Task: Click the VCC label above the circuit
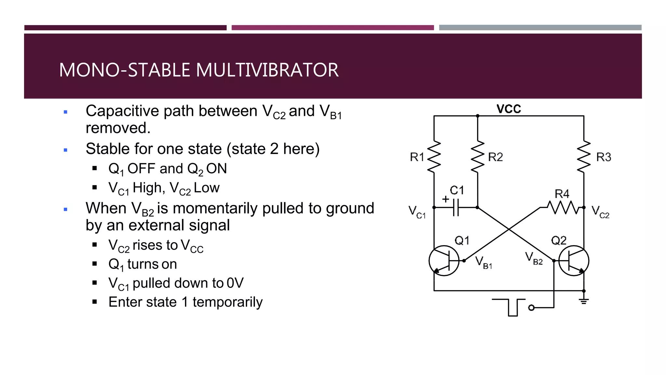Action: [x=509, y=109]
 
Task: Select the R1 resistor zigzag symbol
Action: [x=434, y=157]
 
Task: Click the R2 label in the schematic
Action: [x=495, y=157]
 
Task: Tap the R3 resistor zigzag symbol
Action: [x=584, y=157]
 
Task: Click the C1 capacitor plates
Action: [x=456, y=207]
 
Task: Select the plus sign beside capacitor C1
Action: [x=446, y=199]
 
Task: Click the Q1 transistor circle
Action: [x=444, y=261]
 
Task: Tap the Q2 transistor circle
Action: [x=574, y=261]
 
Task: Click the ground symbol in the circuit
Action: [x=584, y=301]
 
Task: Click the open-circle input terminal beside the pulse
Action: [x=531, y=308]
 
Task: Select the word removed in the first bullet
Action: [x=118, y=128]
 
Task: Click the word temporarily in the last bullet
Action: [x=227, y=302]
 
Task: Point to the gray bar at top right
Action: [x=540, y=28]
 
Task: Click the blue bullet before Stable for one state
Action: [x=66, y=150]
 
